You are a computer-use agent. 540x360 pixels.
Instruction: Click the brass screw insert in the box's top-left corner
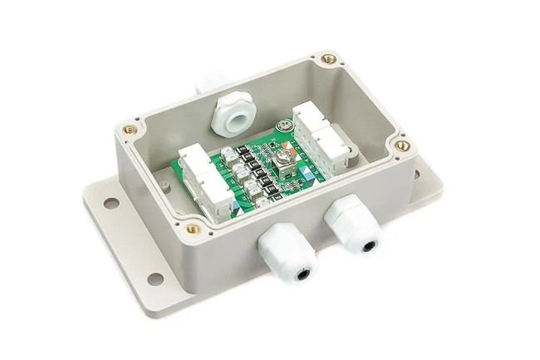point(130,129)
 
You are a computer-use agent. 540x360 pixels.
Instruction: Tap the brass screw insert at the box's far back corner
point(329,59)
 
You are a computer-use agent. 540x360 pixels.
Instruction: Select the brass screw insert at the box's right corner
point(402,146)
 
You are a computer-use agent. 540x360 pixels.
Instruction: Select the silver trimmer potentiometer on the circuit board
point(282,155)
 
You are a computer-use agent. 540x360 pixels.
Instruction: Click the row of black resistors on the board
point(248,166)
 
